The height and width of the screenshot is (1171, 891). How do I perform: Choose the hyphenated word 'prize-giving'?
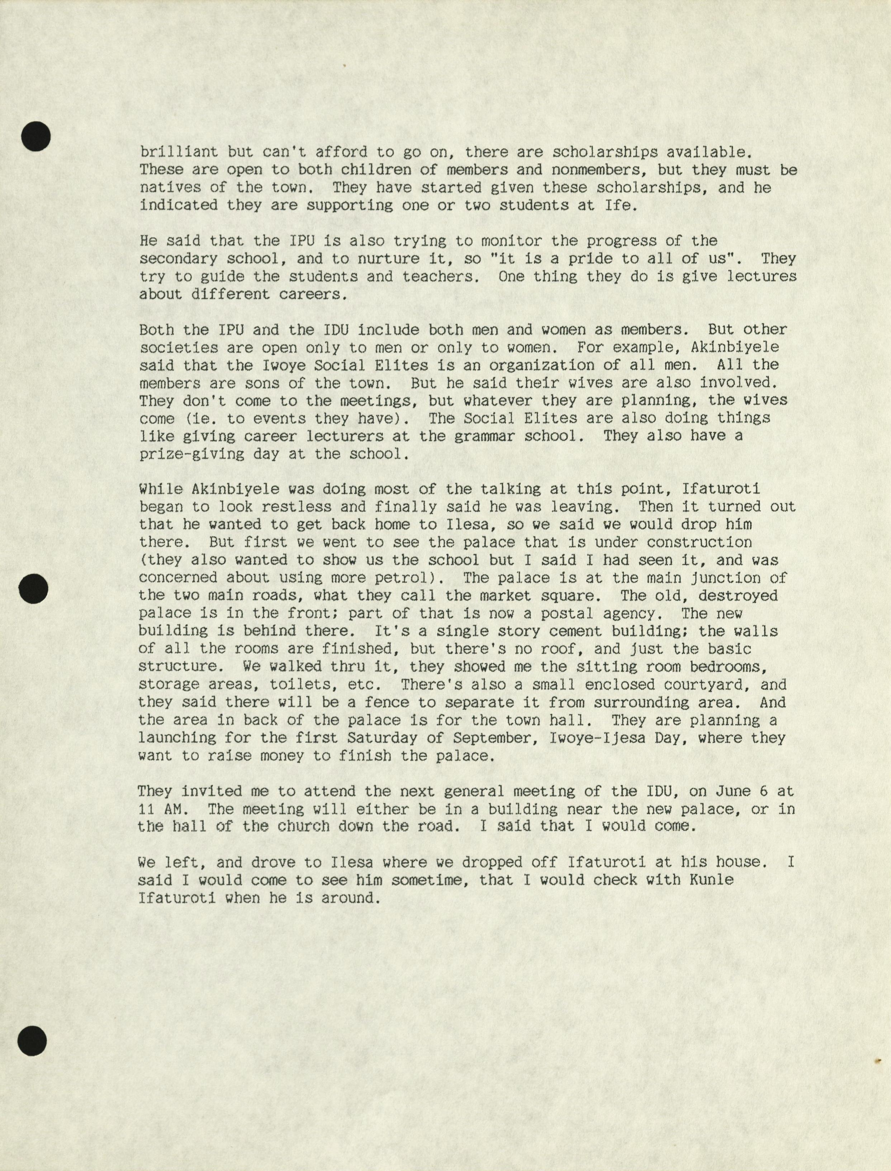191,454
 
